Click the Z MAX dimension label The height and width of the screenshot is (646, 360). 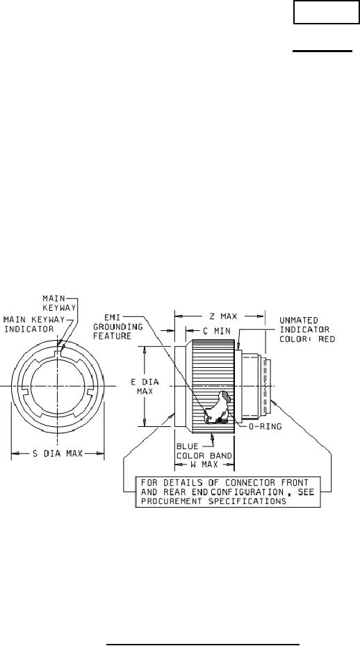pyautogui.click(x=223, y=316)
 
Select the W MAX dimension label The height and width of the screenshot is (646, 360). pyautogui.click(x=205, y=465)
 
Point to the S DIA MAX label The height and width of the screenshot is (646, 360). pyautogui.click(x=58, y=453)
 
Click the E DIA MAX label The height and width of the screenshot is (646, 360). pyautogui.click(x=145, y=387)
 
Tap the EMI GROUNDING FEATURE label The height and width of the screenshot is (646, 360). pyautogui.click(x=117, y=327)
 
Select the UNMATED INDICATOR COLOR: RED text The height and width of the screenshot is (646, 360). pyautogui.click(x=307, y=330)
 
